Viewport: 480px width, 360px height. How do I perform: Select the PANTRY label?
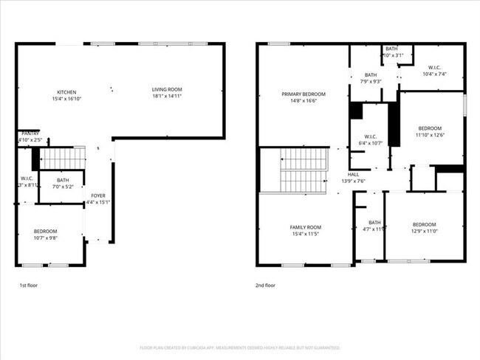click(30, 134)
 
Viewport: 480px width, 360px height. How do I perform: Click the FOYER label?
click(97, 195)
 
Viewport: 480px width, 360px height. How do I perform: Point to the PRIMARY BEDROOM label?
click(303, 94)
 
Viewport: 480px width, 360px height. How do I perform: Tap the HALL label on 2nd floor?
click(353, 175)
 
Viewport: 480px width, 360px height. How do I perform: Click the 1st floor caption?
click(28, 285)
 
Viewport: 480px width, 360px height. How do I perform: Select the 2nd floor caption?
click(266, 285)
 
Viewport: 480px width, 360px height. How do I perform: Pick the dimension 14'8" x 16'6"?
click(303, 101)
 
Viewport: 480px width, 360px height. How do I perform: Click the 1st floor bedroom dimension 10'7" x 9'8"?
click(45, 238)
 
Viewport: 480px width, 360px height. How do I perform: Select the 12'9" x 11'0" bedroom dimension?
click(424, 232)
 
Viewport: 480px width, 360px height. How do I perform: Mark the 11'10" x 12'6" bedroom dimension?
click(428, 135)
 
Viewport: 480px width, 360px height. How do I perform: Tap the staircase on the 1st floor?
click(62, 158)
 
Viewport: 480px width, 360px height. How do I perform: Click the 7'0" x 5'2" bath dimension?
click(62, 187)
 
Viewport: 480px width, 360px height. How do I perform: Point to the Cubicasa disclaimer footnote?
click(239, 347)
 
